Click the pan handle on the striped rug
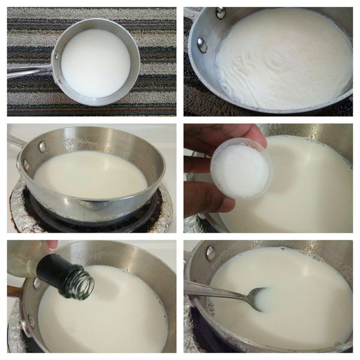(27, 71)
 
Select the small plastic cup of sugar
(240, 170)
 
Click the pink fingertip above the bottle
(52, 244)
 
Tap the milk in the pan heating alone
(90, 174)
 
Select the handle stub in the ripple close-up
(192, 13)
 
